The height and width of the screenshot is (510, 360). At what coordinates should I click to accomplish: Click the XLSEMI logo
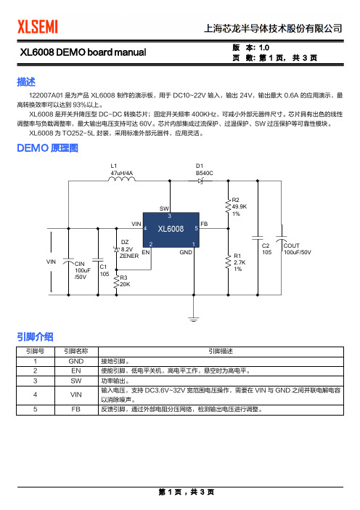click(x=38, y=27)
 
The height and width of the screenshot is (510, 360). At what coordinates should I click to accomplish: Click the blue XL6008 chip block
click(x=171, y=230)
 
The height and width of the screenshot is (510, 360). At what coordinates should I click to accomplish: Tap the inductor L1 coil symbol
click(x=122, y=179)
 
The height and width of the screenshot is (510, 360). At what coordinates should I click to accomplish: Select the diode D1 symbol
click(x=200, y=181)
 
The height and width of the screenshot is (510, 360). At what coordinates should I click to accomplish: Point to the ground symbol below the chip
click(x=193, y=319)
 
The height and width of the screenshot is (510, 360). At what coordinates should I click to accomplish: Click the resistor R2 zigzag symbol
click(x=228, y=206)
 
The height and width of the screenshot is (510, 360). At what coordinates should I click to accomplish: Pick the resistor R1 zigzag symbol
click(x=228, y=262)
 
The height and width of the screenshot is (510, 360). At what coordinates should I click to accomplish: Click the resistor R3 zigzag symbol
click(x=116, y=281)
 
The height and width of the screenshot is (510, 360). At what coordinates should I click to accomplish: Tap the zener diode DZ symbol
click(x=116, y=249)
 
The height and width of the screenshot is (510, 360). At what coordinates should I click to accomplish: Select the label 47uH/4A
click(x=121, y=173)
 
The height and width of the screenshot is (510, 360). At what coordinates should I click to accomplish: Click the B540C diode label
click(x=205, y=173)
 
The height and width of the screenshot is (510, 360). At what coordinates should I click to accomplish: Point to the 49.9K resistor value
click(x=240, y=206)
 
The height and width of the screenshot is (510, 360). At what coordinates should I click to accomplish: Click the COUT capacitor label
click(x=292, y=246)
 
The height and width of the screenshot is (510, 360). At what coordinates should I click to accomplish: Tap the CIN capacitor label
click(x=80, y=264)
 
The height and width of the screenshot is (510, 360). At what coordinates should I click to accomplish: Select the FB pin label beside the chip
click(x=204, y=224)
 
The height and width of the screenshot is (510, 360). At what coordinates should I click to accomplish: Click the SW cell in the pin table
click(x=76, y=381)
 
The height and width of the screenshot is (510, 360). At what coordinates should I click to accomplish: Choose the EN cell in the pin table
click(x=76, y=371)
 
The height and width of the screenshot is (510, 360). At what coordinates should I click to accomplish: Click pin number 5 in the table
click(x=35, y=409)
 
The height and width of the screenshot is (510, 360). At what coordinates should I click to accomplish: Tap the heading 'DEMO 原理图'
click(x=47, y=148)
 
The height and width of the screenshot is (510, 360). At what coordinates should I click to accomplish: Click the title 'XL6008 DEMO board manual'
click(x=83, y=52)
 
